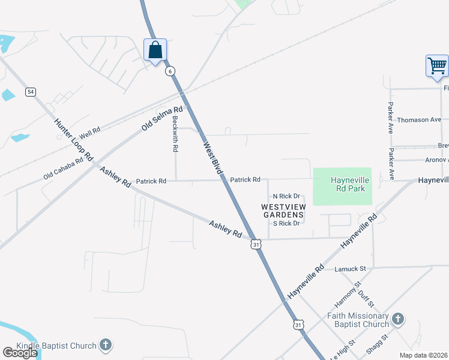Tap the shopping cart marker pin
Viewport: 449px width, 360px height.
click(x=437, y=65)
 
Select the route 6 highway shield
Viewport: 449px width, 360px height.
click(x=171, y=71)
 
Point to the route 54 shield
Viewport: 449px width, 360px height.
click(x=31, y=92)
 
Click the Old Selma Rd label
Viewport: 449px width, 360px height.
click(x=161, y=119)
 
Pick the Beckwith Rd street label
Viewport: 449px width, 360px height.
click(x=175, y=133)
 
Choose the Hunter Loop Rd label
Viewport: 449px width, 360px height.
click(x=74, y=139)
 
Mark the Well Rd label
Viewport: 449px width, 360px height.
click(x=88, y=130)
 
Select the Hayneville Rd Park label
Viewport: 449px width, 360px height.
click(x=350, y=184)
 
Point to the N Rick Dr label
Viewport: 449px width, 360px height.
click(x=286, y=196)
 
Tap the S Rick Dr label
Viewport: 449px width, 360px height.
click(x=286, y=223)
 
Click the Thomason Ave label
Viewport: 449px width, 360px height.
click(x=419, y=119)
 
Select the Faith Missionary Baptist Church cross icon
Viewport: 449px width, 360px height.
click(x=398, y=319)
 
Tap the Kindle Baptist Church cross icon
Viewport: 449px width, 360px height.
click(x=105, y=345)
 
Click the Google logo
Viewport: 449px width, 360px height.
click(x=20, y=353)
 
